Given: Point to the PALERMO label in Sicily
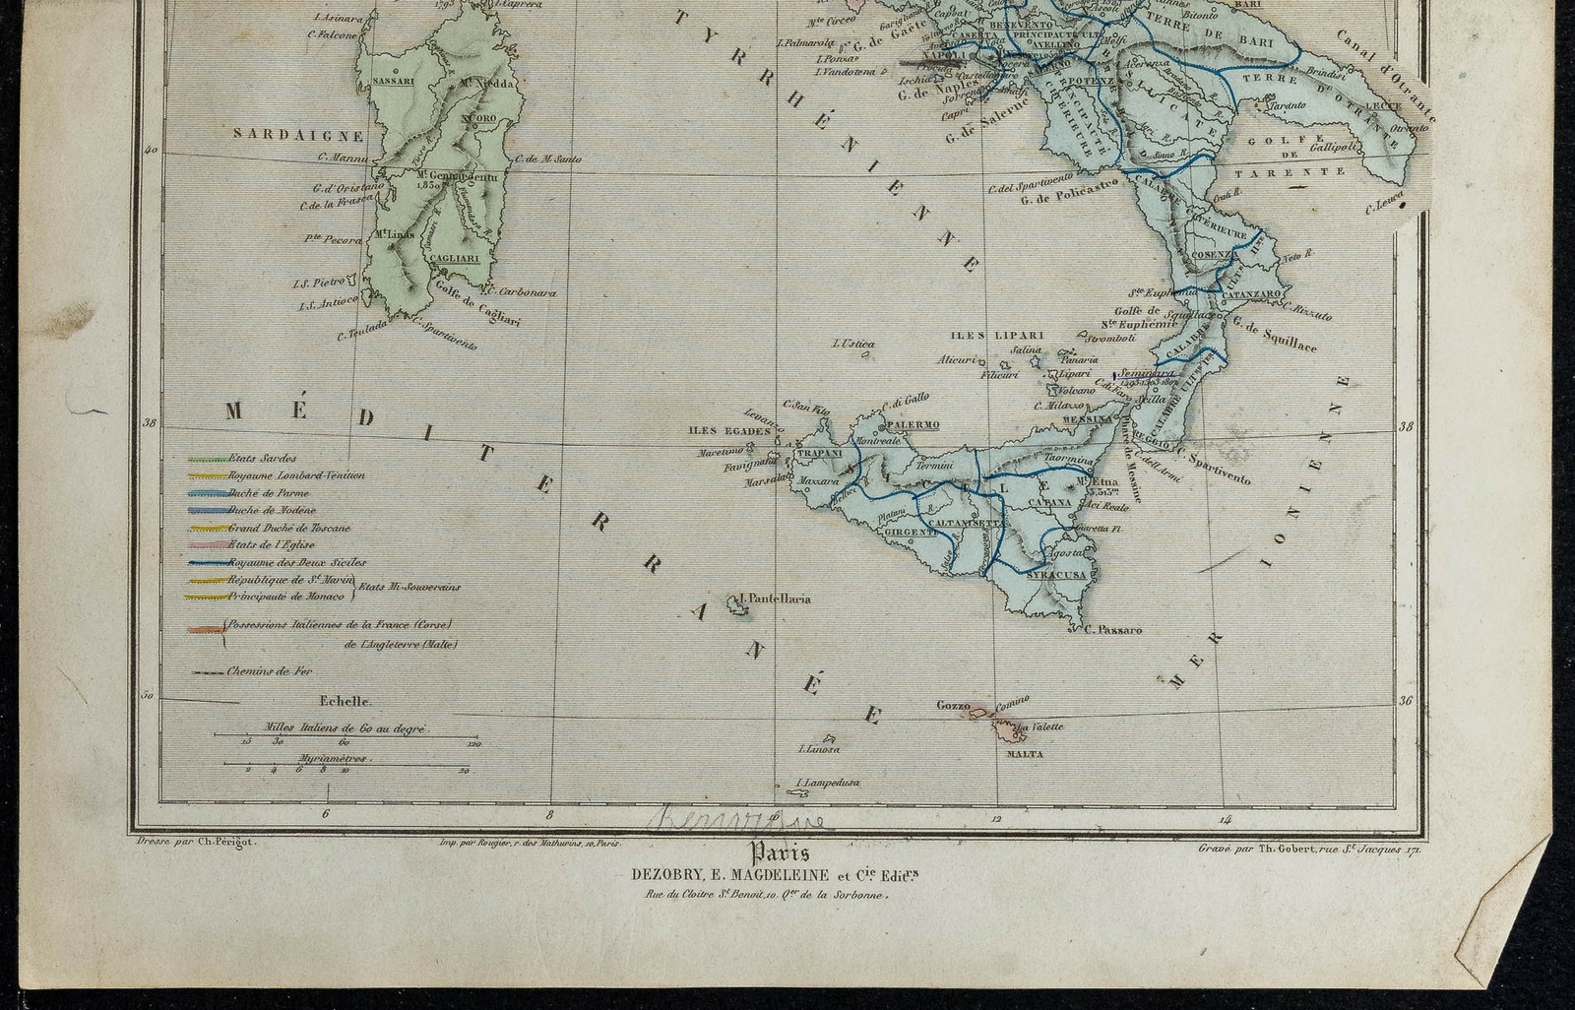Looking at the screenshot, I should point(913,424).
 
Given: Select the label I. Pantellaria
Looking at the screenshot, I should point(774,598).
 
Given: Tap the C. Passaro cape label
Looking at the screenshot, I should point(1112,629).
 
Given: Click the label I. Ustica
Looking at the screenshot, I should point(853,344).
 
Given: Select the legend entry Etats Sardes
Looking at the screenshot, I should point(262,458).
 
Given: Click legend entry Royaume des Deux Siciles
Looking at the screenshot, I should point(282,563).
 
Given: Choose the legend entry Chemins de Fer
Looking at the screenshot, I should point(269,671).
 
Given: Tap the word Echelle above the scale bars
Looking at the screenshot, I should point(345,702).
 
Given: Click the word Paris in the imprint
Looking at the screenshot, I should point(780,853).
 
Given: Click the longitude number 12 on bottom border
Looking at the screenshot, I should point(996,818).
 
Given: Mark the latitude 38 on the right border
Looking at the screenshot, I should point(1405,427).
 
